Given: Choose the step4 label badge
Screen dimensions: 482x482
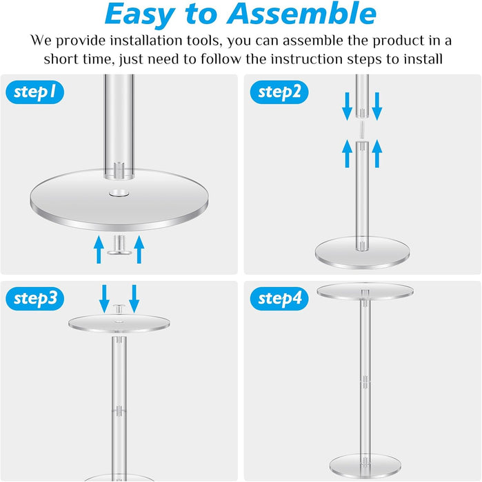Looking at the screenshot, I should (280, 298).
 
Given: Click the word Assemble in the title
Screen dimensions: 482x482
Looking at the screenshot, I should (297, 15).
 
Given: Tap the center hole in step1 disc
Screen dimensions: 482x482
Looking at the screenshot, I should (117, 194).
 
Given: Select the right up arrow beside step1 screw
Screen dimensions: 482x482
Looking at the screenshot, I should (139, 248).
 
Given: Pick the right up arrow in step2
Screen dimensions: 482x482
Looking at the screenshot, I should (377, 153).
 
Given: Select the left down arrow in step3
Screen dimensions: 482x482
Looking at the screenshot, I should (104, 297).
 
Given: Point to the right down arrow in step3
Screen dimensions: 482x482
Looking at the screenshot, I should (134, 297).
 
